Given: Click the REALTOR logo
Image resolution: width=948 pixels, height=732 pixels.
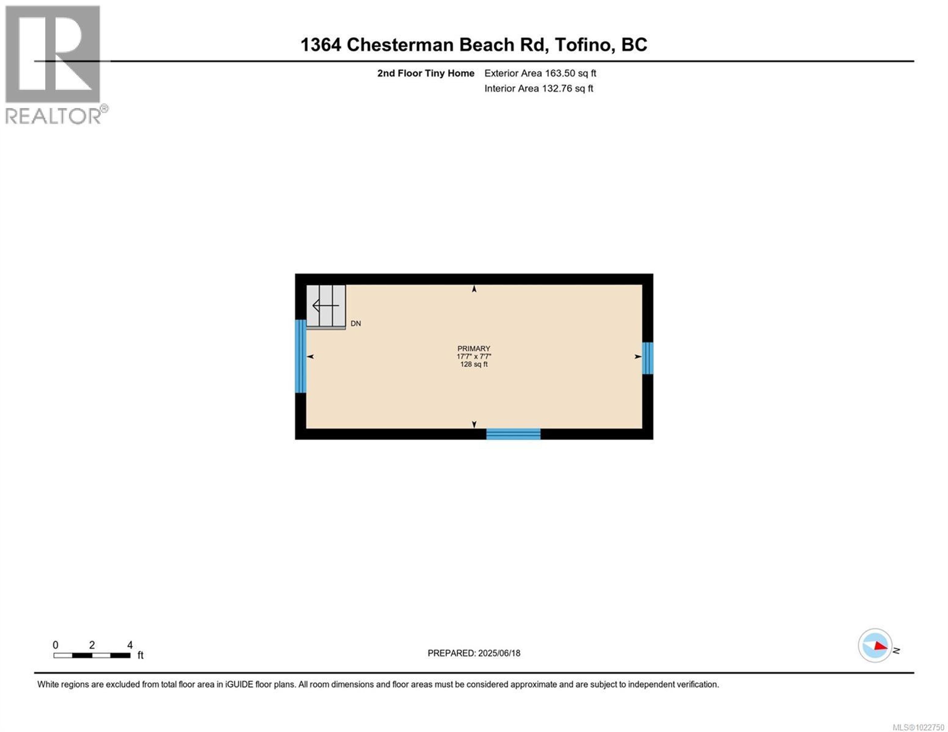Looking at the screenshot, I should tap(54, 65).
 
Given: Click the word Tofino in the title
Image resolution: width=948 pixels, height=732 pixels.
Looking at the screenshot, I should tap(585, 45).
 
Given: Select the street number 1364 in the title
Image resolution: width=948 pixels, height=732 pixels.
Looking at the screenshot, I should tap(321, 45).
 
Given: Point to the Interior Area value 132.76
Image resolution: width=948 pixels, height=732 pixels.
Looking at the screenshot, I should tap(557, 89).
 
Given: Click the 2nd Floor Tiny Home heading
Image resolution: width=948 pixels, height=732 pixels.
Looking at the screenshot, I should tap(425, 73).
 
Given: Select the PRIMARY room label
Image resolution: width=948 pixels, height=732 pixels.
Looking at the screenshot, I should tap(474, 348).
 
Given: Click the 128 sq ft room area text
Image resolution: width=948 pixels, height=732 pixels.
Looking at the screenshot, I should tap(474, 364).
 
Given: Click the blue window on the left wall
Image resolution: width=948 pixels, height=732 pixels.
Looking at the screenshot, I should tap(300, 356).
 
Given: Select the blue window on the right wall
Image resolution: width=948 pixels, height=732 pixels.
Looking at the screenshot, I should tap(647, 358).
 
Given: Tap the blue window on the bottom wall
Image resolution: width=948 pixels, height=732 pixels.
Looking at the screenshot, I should tap(513, 434).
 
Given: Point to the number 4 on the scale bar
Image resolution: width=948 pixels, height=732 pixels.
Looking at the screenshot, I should tap(130, 645).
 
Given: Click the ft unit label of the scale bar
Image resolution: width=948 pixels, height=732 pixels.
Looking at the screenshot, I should tap(140, 655).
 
